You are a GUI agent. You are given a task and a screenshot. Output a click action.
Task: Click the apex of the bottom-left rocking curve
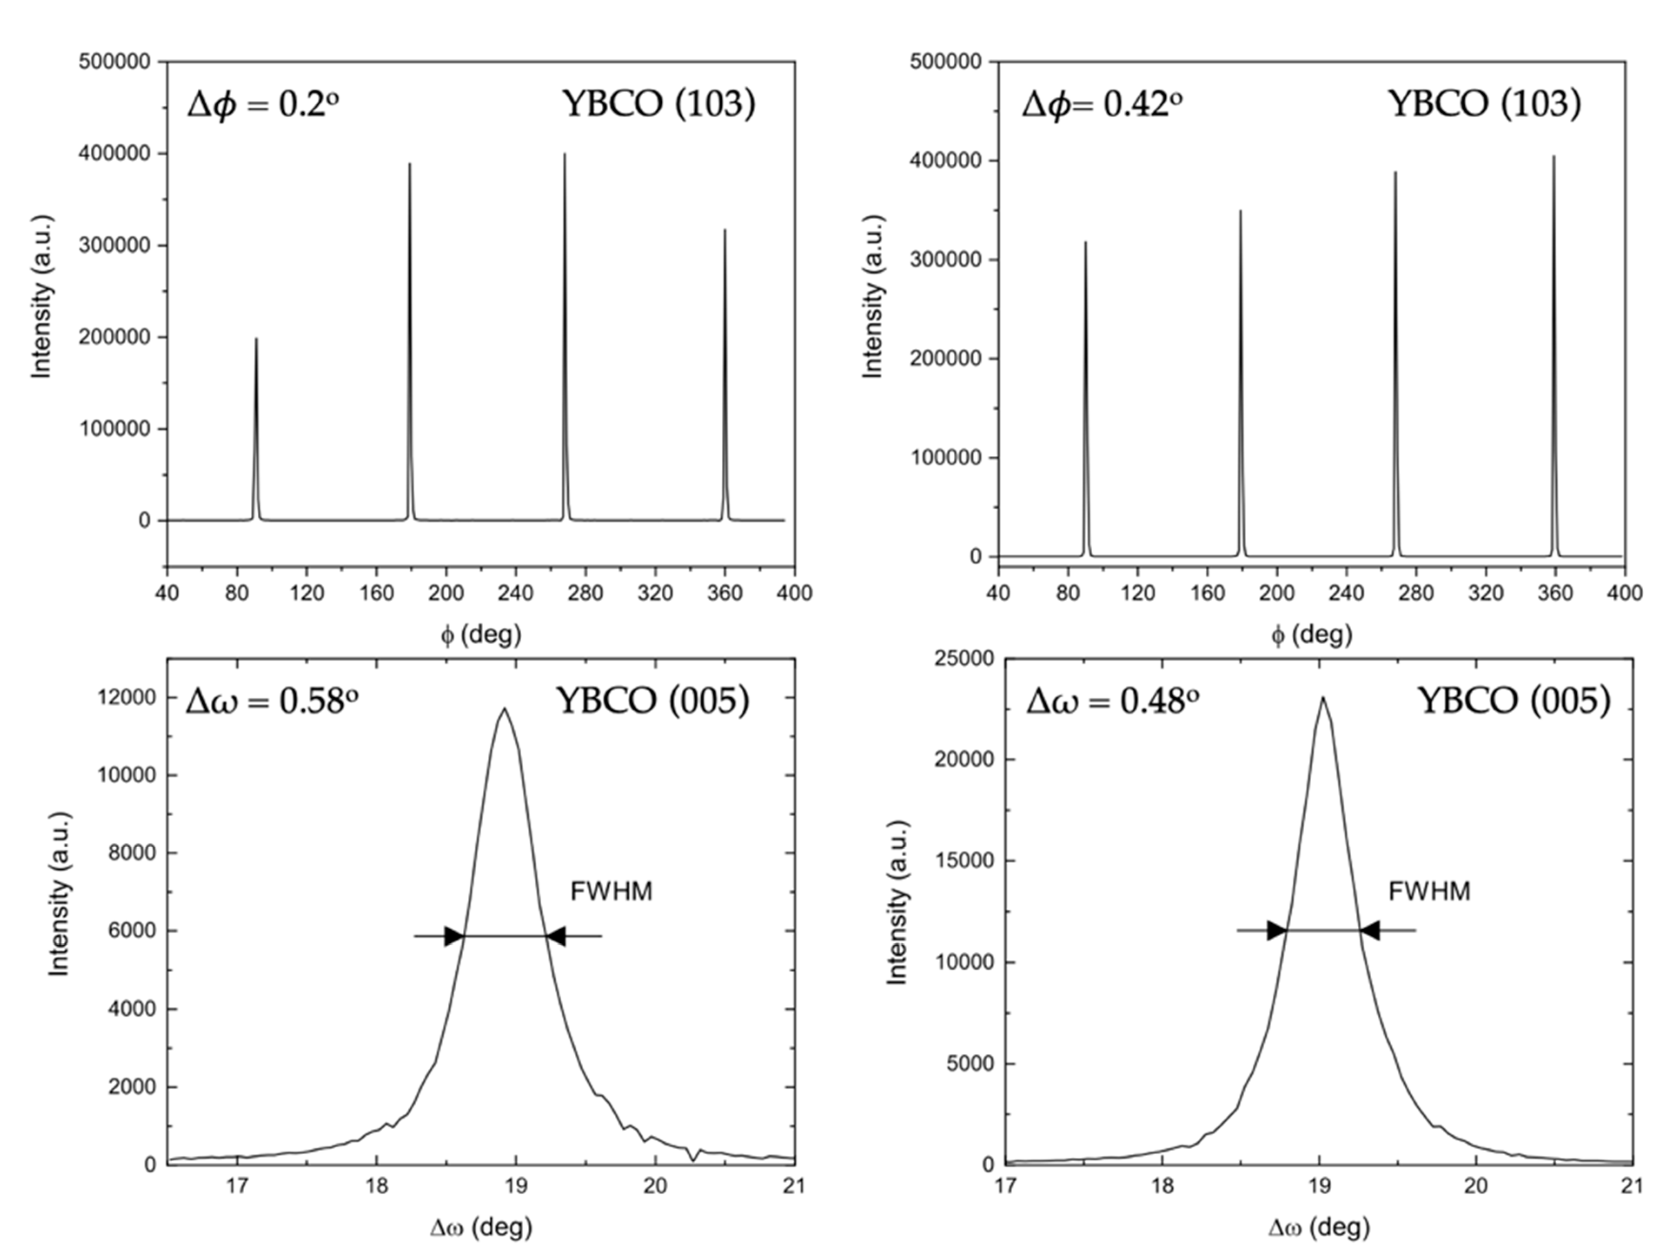[x=504, y=709]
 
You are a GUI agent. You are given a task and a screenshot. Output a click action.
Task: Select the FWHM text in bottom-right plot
[x=1429, y=891]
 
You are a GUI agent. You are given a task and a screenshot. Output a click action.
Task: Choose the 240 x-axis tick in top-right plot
[x=1346, y=592]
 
